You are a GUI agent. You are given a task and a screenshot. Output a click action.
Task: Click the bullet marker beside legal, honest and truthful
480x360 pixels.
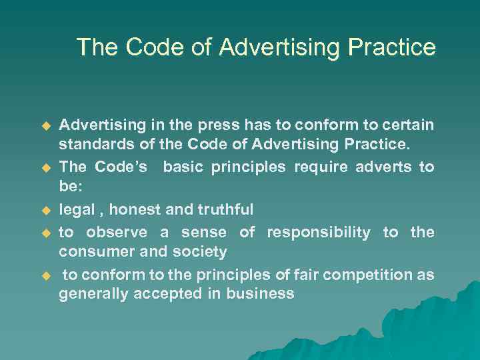point(46,211)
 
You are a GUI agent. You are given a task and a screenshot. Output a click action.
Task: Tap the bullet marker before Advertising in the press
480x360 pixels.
point(46,126)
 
